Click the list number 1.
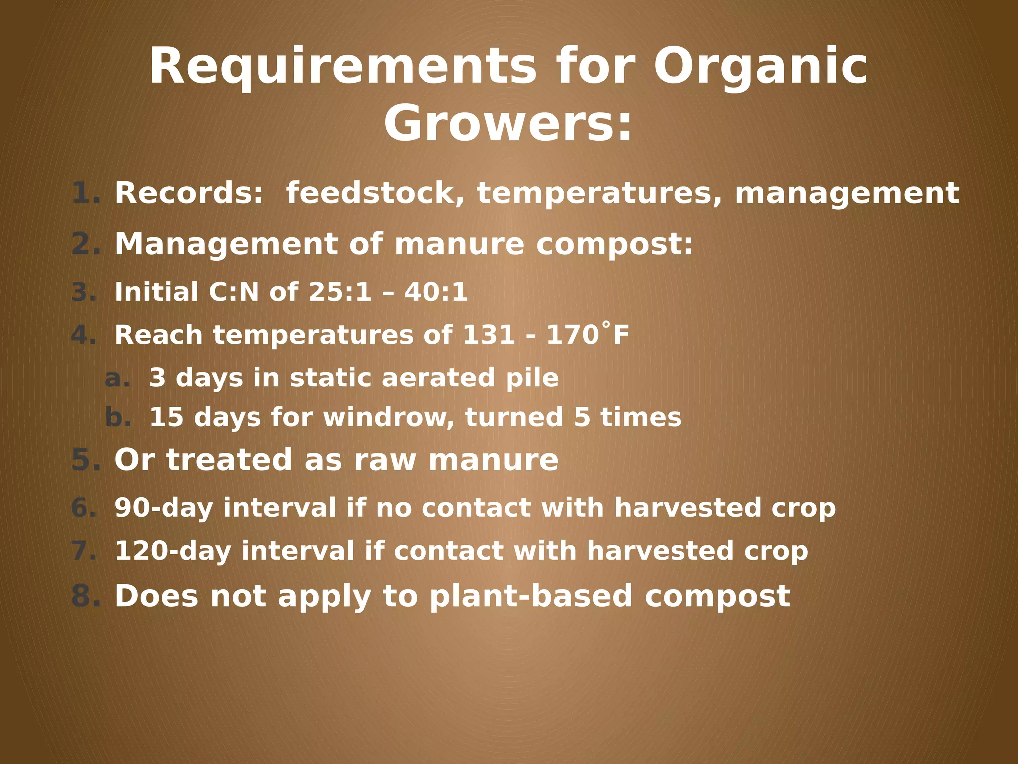click(x=85, y=193)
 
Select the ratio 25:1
click(x=339, y=292)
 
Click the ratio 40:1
click(x=436, y=292)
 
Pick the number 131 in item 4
click(x=488, y=335)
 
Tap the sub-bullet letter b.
click(x=118, y=417)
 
